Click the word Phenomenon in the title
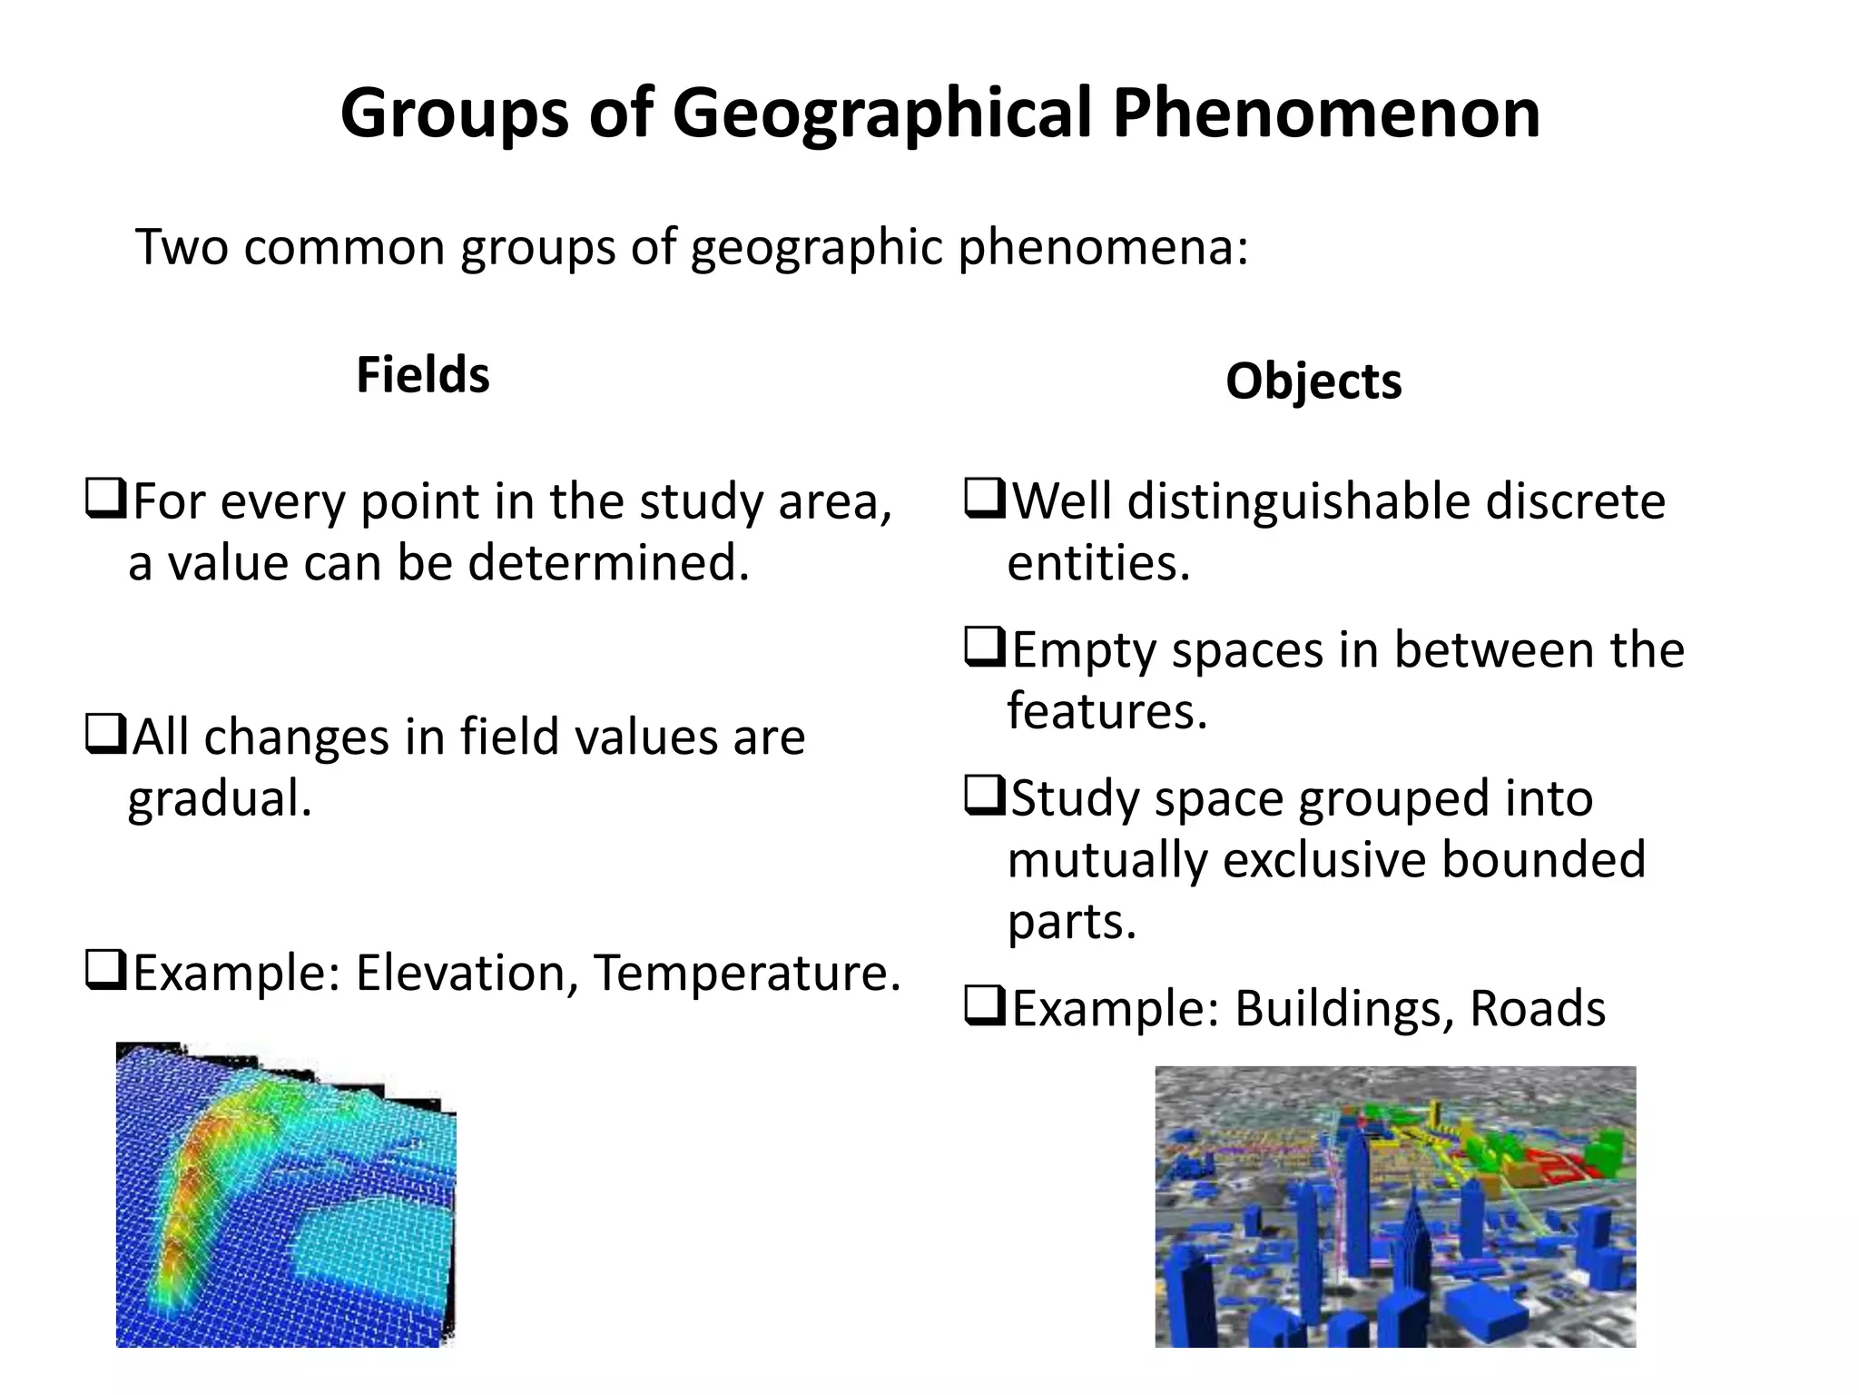(1326, 114)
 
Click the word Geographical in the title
(880, 114)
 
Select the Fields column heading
(422, 375)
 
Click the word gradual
(220, 799)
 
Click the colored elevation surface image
(285, 1194)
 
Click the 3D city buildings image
(1394, 1206)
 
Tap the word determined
(608, 563)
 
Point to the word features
(1107, 711)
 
